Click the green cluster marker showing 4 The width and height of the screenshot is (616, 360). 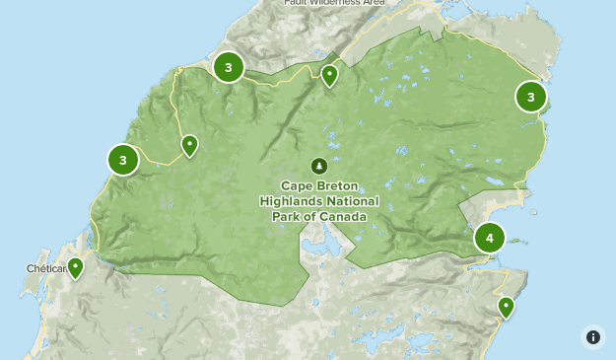pyautogui.click(x=490, y=238)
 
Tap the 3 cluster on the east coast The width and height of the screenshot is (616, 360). pyautogui.click(x=531, y=96)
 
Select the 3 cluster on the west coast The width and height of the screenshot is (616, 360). pyautogui.click(x=123, y=159)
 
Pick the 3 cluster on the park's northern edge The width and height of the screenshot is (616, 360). pyautogui.click(x=229, y=67)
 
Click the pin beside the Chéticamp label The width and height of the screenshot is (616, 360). pyautogui.click(x=75, y=266)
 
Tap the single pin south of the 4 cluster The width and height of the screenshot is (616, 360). pyautogui.click(x=507, y=306)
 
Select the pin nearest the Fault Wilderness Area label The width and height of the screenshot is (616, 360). pyautogui.click(x=330, y=74)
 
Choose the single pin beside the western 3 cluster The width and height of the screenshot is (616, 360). pyautogui.click(x=189, y=145)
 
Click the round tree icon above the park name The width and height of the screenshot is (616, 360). pyautogui.click(x=318, y=166)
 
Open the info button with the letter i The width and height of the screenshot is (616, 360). pyautogui.click(x=592, y=337)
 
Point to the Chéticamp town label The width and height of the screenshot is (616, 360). pyautogui.click(x=45, y=268)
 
